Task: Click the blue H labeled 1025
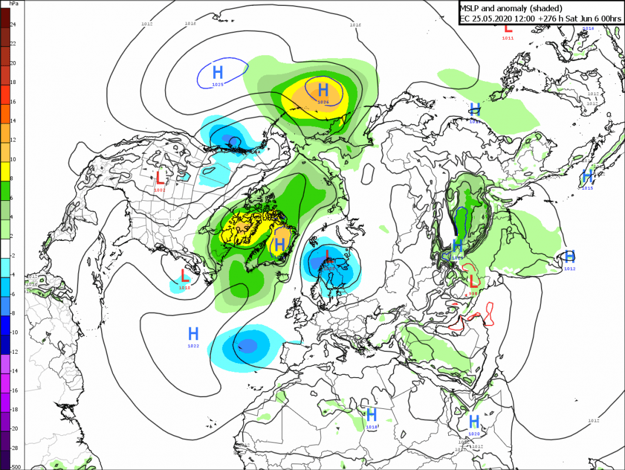tap(218, 73)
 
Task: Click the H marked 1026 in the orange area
tap(322, 90)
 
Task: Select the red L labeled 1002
tap(160, 176)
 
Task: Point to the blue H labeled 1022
tap(193, 334)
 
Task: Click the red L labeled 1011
tap(508, 26)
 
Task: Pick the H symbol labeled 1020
tap(474, 421)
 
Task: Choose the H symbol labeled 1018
tap(371, 414)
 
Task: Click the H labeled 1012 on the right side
tap(569, 256)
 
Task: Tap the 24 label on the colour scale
tap(13, 24)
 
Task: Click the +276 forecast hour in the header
tap(539, 18)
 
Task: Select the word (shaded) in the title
tap(543, 8)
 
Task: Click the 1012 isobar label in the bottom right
tap(593, 420)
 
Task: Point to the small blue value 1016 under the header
tap(588, 28)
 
